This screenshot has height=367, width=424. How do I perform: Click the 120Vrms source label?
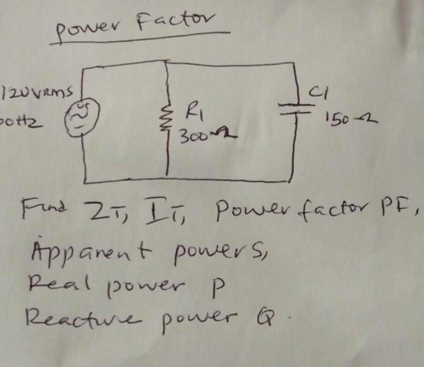[37, 91]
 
